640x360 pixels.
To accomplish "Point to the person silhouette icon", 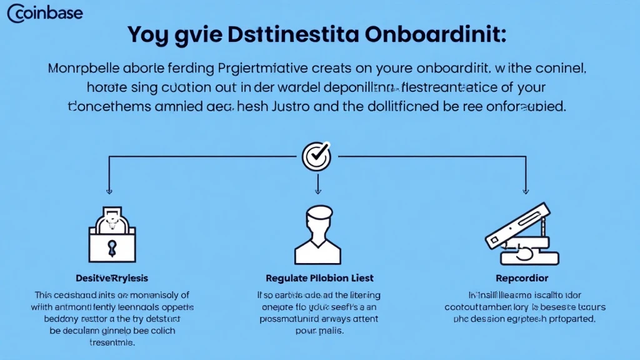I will click(318, 236).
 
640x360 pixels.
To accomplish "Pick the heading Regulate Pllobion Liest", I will click(319, 277).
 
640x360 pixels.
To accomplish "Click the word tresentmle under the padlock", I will click(112, 343).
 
